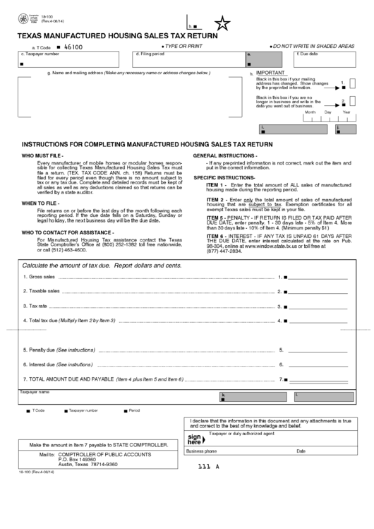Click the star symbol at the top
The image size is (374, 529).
[x=223, y=25]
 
